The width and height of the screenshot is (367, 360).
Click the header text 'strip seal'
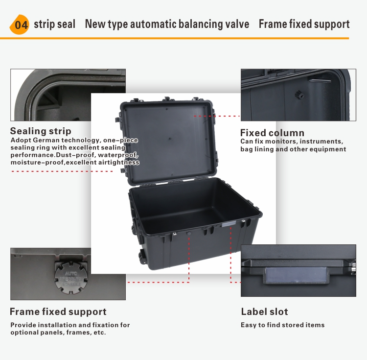(55, 24)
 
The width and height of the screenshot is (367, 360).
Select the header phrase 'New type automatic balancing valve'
(167, 24)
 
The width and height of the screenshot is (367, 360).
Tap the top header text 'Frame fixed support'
(304, 24)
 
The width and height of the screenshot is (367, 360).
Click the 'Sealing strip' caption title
(41, 131)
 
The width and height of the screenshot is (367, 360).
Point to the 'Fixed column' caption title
(272, 133)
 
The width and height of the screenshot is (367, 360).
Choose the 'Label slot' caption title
(264, 312)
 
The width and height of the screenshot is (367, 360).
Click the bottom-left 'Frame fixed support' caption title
(58, 312)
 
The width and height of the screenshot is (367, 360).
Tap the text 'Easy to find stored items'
(282, 325)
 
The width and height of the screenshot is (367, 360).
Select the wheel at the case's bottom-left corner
(142, 255)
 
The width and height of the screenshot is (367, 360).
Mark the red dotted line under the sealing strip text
(62, 171)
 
